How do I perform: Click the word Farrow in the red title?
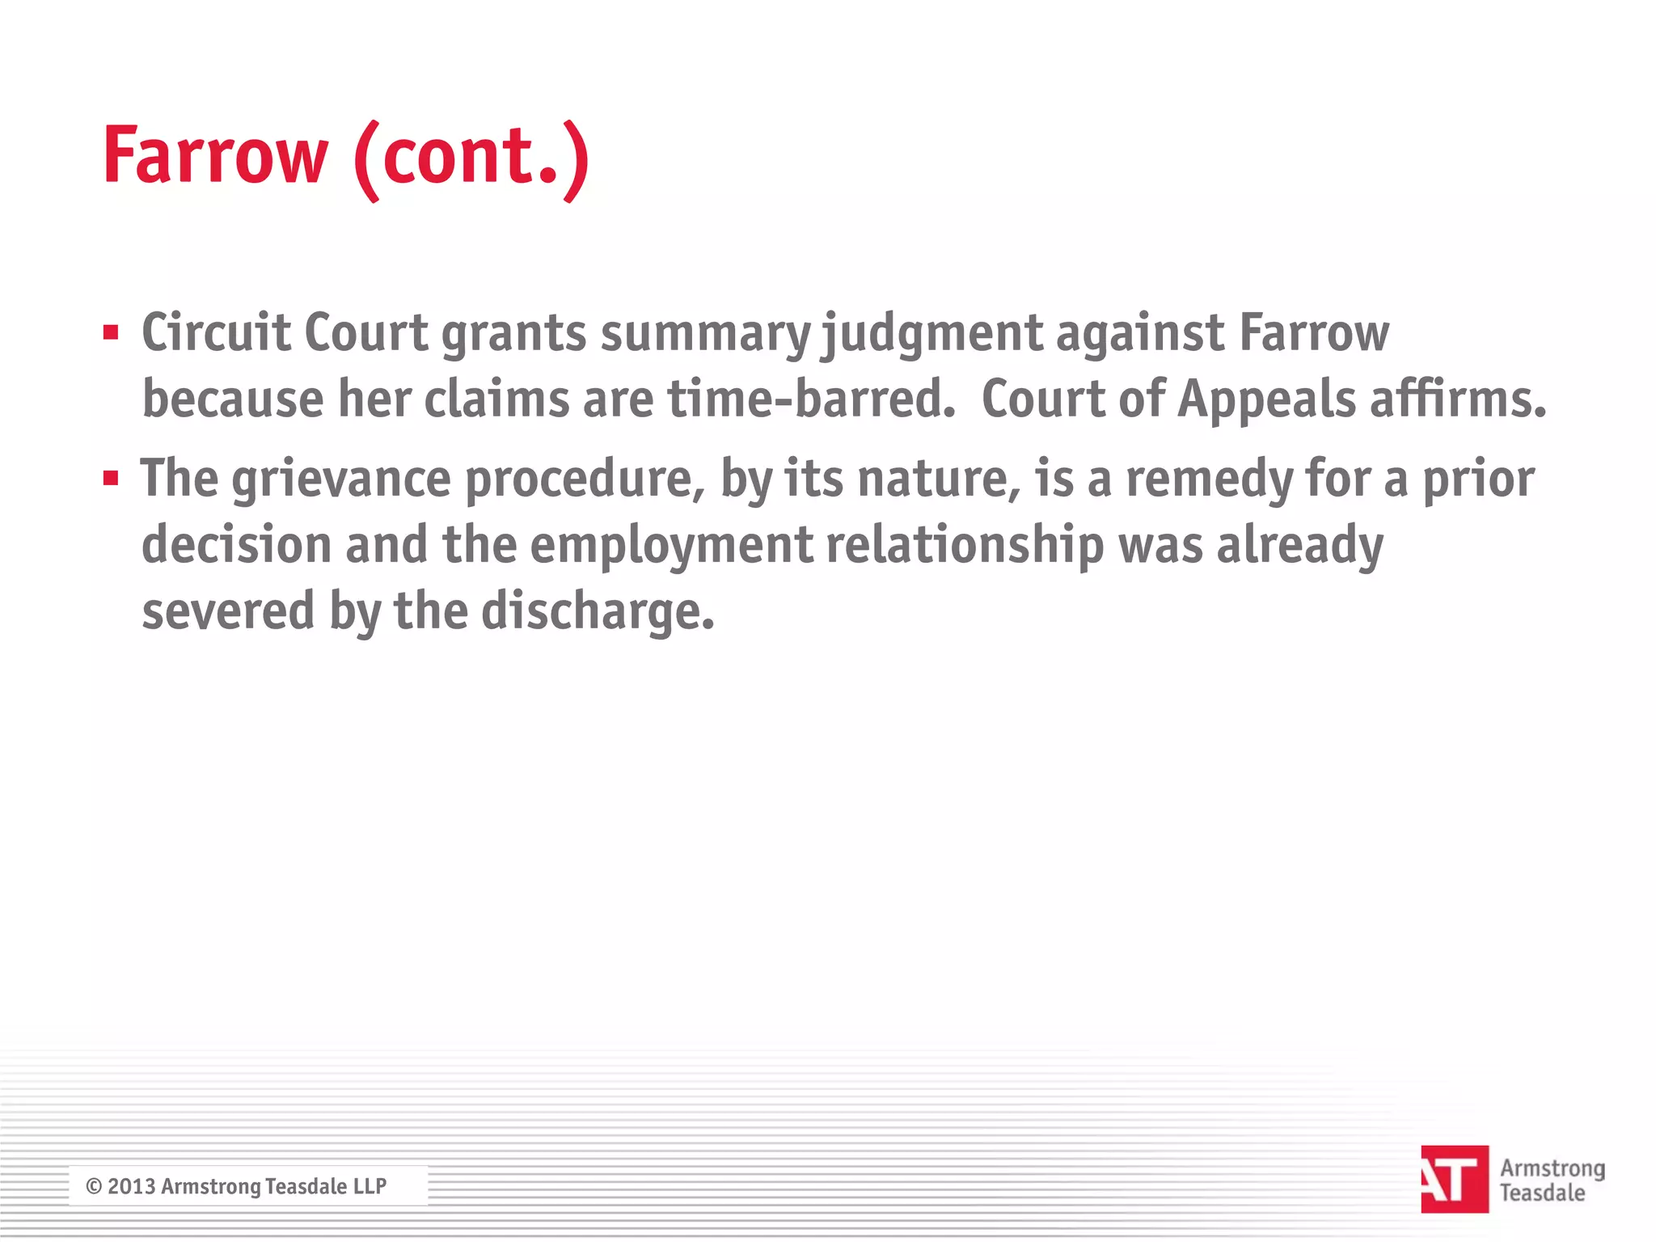pyautogui.click(x=215, y=155)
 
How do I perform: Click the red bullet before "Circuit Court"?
pyautogui.click(x=112, y=332)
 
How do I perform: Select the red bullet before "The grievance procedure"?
pyautogui.click(x=112, y=478)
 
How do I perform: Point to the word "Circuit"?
pyautogui.click(x=216, y=332)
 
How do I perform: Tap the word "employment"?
pyautogui.click(x=671, y=546)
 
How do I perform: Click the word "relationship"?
pyautogui.click(x=965, y=546)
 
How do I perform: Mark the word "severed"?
pyautogui.click(x=228, y=611)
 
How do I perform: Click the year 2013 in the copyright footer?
pyautogui.click(x=131, y=1186)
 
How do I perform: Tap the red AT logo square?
pyautogui.click(x=1454, y=1179)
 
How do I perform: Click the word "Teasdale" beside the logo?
pyautogui.click(x=1542, y=1193)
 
